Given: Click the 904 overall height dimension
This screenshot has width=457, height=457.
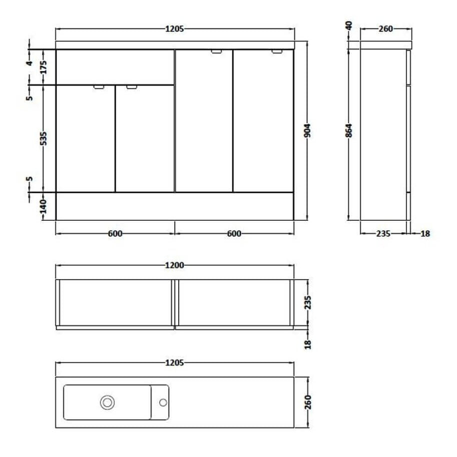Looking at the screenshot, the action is click(x=308, y=131).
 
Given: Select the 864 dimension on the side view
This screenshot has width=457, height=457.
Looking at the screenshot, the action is click(x=349, y=131).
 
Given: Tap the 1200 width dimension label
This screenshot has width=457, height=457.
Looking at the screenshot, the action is click(x=175, y=265).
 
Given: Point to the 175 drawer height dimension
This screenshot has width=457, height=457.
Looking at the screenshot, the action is click(x=43, y=68).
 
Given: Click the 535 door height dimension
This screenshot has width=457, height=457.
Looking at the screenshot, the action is click(x=43, y=139).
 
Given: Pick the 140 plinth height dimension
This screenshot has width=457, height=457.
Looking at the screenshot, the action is click(x=43, y=206).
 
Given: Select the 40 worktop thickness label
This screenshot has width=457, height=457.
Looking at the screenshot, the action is click(x=349, y=26).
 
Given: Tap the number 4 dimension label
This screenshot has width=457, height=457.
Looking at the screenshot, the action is click(x=30, y=63).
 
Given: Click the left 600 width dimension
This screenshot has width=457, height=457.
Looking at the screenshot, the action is click(x=115, y=234).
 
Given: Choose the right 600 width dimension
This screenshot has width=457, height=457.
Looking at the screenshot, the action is click(x=234, y=234).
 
